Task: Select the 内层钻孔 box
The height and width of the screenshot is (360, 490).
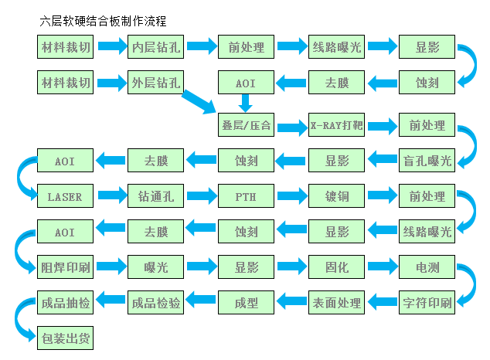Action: [155, 48]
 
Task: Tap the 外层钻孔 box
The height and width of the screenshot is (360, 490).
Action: [155, 82]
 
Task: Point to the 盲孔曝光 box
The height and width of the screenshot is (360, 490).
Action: [427, 161]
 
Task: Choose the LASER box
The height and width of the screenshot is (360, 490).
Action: [65, 196]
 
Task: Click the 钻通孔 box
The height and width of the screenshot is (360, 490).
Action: [155, 196]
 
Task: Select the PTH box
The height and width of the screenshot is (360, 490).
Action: [246, 196]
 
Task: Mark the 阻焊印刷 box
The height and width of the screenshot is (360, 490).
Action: [65, 268]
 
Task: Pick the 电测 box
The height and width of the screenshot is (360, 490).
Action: [427, 268]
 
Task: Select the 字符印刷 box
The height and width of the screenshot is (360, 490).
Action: [427, 303]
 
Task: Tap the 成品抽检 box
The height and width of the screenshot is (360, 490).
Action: [65, 303]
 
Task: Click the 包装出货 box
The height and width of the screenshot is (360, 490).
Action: [65, 338]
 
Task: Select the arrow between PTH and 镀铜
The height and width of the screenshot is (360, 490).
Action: [291, 196]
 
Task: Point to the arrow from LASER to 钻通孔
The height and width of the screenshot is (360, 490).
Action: [111, 196]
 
